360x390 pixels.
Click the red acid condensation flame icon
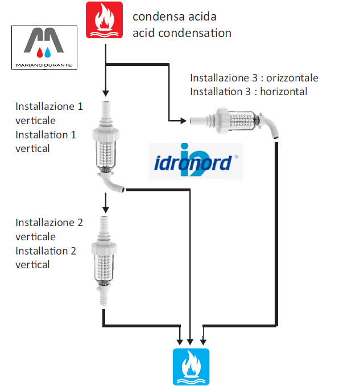pyautogui.click(x=104, y=20)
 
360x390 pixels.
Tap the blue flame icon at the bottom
pyautogui.click(x=191, y=367)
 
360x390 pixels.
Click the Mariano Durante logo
pyautogui.click(x=44, y=47)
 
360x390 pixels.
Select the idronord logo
pyautogui.click(x=196, y=161)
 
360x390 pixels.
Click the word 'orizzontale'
pyautogui.click(x=292, y=78)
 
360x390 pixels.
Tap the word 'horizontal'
pyautogui.click(x=283, y=92)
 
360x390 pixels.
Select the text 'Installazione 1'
pyautogui.click(x=49, y=106)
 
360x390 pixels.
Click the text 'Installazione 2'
pyautogui.click(x=49, y=223)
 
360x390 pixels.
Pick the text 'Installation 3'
pyautogui.click(x=220, y=92)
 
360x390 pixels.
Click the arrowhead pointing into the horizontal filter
pyautogui.click(x=184, y=121)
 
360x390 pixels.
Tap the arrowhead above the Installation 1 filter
pyautogui.click(x=106, y=93)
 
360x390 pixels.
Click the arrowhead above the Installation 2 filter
pyautogui.click(x=106, y=210)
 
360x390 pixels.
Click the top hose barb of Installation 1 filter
pyautogui.click(x=106, y=110)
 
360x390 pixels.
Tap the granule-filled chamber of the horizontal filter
pyautogui.click(x=241, y=121)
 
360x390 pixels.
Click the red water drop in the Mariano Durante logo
pyautogui.click(x=40, y=52)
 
